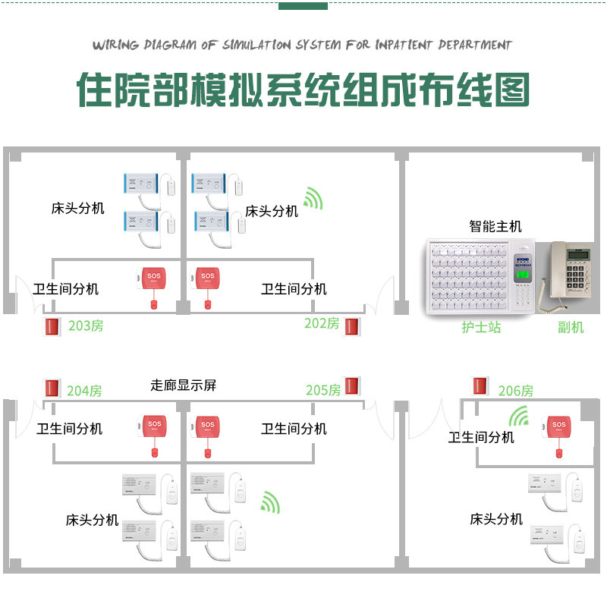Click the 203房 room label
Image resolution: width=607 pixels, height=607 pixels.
click(x=86, y=326)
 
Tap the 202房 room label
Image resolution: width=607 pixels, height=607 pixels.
click(x=322, y=323)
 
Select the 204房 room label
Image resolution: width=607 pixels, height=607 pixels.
click(x=84, y=391)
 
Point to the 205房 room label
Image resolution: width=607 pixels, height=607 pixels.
click(x=323, y=390)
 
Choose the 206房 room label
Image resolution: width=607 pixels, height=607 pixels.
click(x=516, y=391)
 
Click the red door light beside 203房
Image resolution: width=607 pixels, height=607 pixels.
click(x=52, y=327)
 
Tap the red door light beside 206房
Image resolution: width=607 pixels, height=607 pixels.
click(x=480, y=385)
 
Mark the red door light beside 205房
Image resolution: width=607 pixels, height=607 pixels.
click(x=351, y=385)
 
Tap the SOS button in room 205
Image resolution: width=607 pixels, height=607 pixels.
click(x=206, y=425)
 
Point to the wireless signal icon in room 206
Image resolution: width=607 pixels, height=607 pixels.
click(x=520, y=417)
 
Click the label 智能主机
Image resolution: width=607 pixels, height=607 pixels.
click(x=495, y=226)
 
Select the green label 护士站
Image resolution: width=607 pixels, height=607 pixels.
click(x=482, y=327)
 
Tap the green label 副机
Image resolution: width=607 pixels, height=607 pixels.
click(x=571, y=327)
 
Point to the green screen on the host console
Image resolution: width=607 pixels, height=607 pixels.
click(x=523, y=274)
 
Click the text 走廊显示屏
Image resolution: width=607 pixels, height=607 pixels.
click(x=183, y=385)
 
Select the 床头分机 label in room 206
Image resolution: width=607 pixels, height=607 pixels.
click(x=496, y=519)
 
